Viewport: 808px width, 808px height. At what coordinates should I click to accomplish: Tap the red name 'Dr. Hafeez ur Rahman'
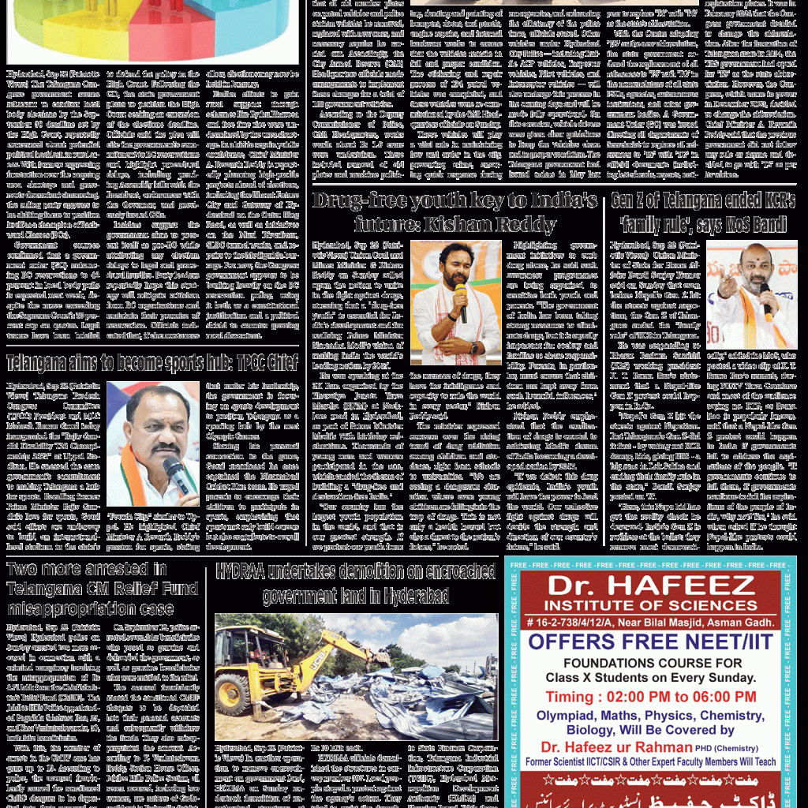coord(620,746)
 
